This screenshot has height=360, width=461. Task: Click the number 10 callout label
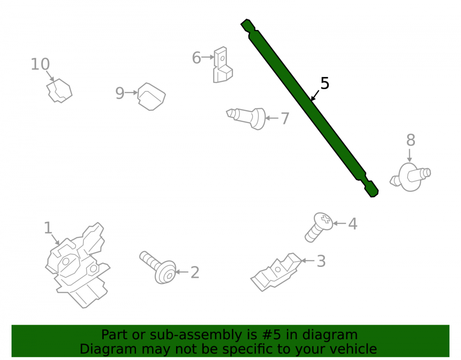click(x=40, y=64)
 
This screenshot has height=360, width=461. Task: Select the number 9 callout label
click(x=120, y=93)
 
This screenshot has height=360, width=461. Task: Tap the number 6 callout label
click(x=196, y=58)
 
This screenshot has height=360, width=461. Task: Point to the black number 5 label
click(x=325, y=83)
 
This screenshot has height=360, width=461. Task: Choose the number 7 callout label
click(x=285, y=118)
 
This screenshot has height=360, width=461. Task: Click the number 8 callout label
click(x=411, y=140)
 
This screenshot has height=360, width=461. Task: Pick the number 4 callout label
click(x=353, y=224)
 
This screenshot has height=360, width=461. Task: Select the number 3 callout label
click(x=321, y=261)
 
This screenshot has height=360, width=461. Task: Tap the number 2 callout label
click(x=195, y=272)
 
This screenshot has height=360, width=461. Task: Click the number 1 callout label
click(x=48, y=228)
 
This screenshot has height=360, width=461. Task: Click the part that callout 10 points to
click(x=59, y=91)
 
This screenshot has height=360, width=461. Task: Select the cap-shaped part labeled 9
click(x=151, y=97)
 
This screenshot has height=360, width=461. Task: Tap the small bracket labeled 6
click(x=223, y=65)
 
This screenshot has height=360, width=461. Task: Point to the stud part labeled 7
click(x=247, y=118)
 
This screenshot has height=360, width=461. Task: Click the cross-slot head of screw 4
click(x=324, y=221)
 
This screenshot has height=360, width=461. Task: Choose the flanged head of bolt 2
click(x=165, y=272)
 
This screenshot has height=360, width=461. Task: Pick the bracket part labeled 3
click(x=276, y=272)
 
